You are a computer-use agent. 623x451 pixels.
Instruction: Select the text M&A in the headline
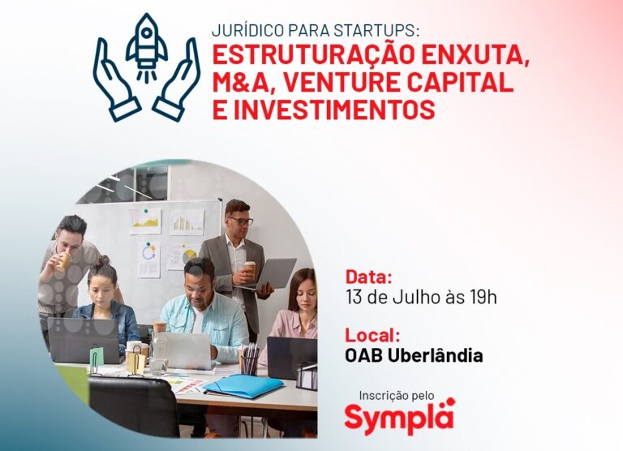243,84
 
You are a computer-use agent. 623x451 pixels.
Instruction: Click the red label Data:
369,274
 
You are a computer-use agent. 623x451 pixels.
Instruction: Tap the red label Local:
374,335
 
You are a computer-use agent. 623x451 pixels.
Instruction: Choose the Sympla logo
399,417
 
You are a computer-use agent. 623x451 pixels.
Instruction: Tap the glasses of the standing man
240,221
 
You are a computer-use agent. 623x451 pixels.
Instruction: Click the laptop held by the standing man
275,273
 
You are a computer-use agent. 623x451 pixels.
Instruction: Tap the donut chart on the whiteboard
148,251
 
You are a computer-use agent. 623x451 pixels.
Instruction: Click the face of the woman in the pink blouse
301,289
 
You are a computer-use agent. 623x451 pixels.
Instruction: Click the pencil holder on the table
250,363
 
